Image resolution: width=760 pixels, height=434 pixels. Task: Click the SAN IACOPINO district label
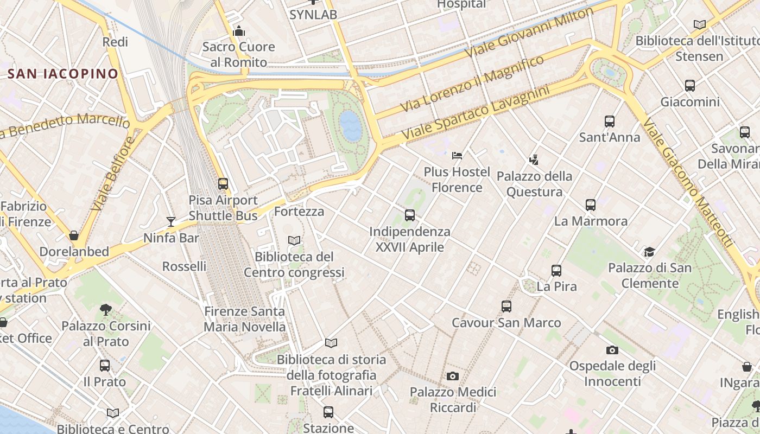(63, 74)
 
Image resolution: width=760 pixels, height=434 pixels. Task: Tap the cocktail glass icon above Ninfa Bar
(171, 221)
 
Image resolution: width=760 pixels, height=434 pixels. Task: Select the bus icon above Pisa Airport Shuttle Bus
(223, 184)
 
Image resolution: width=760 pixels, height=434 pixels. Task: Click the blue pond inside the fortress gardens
(350, 126)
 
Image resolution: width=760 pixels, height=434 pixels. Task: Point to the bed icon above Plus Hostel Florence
(457, 156)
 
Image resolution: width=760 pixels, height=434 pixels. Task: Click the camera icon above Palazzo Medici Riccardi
(453, 376)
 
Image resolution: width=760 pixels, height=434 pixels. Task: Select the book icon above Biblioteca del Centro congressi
(294, 240)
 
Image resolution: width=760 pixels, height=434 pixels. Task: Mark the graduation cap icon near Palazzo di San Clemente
(649, 252)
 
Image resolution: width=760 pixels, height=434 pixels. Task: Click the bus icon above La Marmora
(591, 205)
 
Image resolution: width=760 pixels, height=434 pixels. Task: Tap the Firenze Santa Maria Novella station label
(244, 319)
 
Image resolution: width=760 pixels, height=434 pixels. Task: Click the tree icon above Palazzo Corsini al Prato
(106, 310)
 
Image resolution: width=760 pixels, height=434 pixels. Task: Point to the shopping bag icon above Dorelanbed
(74, 235)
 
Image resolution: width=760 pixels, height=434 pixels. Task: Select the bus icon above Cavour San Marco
(506, 307)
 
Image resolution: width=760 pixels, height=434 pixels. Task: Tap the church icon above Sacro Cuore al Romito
(238, 31)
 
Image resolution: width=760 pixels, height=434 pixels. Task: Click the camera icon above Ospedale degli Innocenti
(612, 350)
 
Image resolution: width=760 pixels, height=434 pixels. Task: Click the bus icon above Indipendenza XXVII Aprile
(410, 215)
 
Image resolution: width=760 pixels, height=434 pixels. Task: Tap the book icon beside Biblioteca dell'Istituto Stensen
(700, 24)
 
